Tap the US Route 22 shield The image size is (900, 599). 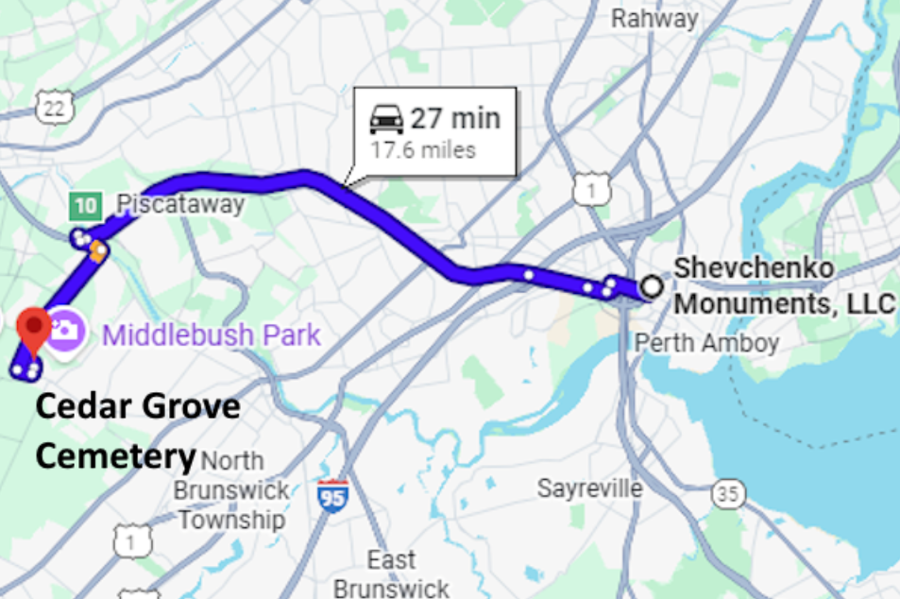(55, 108)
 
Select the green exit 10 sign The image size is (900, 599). (84, 205)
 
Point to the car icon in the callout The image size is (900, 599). (386, 120)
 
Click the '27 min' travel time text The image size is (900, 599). (454, 120)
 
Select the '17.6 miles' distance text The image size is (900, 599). (422, 150)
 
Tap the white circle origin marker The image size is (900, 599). (651, 284)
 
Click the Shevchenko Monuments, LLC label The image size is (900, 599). (783, 286)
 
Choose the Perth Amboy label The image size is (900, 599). (706, 342)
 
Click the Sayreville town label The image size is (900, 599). (590, 488)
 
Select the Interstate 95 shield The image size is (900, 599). (332, 494)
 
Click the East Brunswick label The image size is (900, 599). (392, 573)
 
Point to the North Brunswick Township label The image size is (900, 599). (231, 490)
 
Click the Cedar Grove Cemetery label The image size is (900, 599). (137, 432)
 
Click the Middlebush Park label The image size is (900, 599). (212, 334)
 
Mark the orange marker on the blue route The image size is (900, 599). (96, 250)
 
